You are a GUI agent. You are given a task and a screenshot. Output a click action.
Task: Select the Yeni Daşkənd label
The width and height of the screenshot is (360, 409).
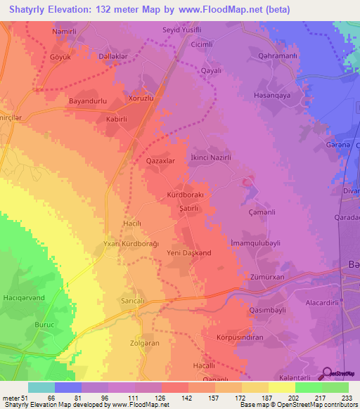[188, 252]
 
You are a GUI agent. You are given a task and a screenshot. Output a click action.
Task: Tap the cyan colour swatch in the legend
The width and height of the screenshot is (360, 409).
[41, 387]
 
